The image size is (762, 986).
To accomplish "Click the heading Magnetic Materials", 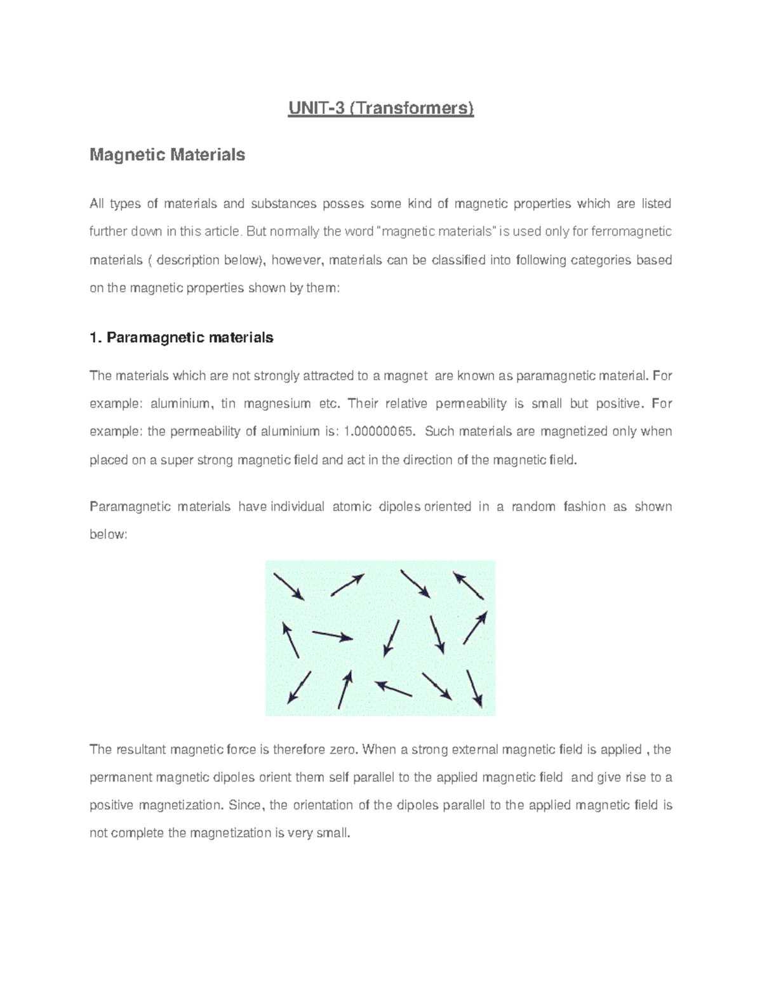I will click(167, 155).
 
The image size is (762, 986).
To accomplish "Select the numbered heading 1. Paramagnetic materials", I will click(182, 338).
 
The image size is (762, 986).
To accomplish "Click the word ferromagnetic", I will click(631, 232).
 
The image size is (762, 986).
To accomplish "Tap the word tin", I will click(227, 404).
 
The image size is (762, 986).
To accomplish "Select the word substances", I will click(283, 204).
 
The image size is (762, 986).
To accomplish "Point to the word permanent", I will click(121, 778).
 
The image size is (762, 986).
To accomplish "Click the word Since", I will click(244, 806).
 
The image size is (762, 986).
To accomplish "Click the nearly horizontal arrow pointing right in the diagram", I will click(332, 636).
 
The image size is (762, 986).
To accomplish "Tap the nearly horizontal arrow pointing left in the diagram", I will click(394, 689).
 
